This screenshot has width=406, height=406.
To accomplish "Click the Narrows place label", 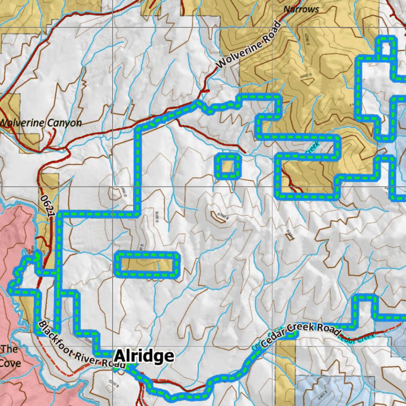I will click(301, 9).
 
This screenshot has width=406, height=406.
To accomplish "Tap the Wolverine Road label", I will click(249, 45).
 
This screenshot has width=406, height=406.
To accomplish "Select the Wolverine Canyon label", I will click(41, 123).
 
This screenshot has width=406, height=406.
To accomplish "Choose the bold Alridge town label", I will click(144, 356).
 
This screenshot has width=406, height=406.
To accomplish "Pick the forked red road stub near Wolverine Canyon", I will click(51, 137).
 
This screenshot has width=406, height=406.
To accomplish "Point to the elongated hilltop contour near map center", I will click(219, 217).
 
